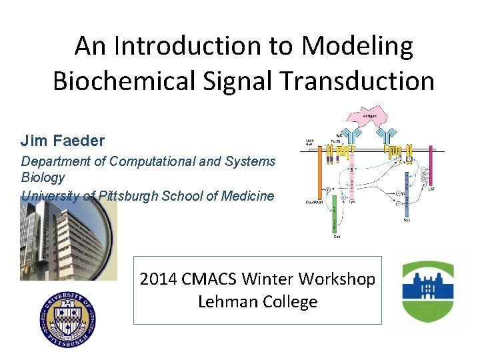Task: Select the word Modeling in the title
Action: point(357,47)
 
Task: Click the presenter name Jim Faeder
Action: point(63,141)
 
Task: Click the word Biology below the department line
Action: point(43,177)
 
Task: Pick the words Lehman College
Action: point(258,302)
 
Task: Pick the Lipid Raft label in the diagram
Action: point(310,143)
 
